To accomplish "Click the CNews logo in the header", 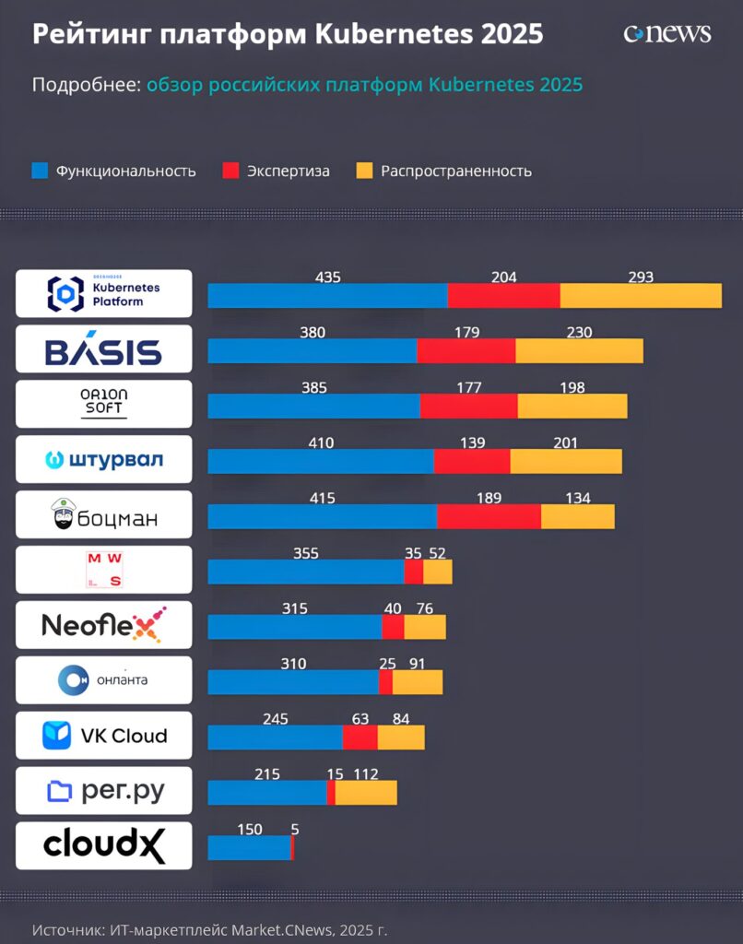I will [x=667, y=33].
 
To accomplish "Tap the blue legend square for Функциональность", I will [x=39, y=171].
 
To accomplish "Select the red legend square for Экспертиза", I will [x=230, y=171].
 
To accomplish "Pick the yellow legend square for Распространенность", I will [x=364, y=171].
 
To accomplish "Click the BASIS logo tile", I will [x=104, y=349].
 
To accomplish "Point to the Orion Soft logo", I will [x=104, y=404].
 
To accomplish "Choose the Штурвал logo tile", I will [x=104, y=459].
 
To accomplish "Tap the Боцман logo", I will [x=104, y=514].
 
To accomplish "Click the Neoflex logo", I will [x=104, y=625].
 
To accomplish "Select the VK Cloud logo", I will [x=104, y=736].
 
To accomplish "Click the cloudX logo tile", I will [x=104, y=845].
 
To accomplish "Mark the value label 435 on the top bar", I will [x=327, y=277].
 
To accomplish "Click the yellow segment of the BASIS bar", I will [x=579, y=351].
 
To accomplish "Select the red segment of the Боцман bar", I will [x=489, y=516].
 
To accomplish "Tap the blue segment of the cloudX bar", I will [x=248, y=847].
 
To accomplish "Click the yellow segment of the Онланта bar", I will [x=418, y=682].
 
